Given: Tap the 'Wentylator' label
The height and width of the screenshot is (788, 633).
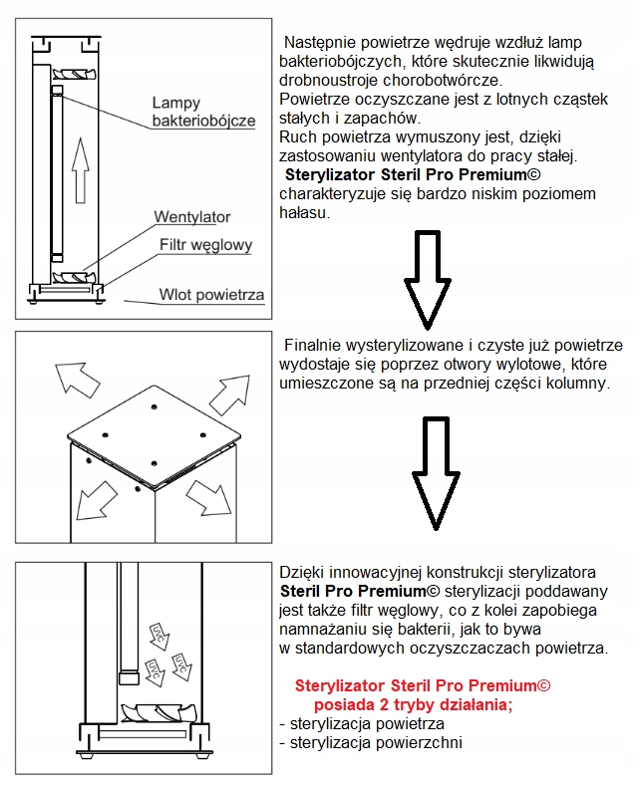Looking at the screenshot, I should tap(192, 217).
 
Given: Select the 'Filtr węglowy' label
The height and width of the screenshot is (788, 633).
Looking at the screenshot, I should tap(206, 245).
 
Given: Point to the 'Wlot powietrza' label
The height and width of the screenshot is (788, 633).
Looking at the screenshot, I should tap(211, 295).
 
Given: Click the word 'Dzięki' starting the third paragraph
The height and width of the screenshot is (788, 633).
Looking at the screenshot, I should tap(304, 573).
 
